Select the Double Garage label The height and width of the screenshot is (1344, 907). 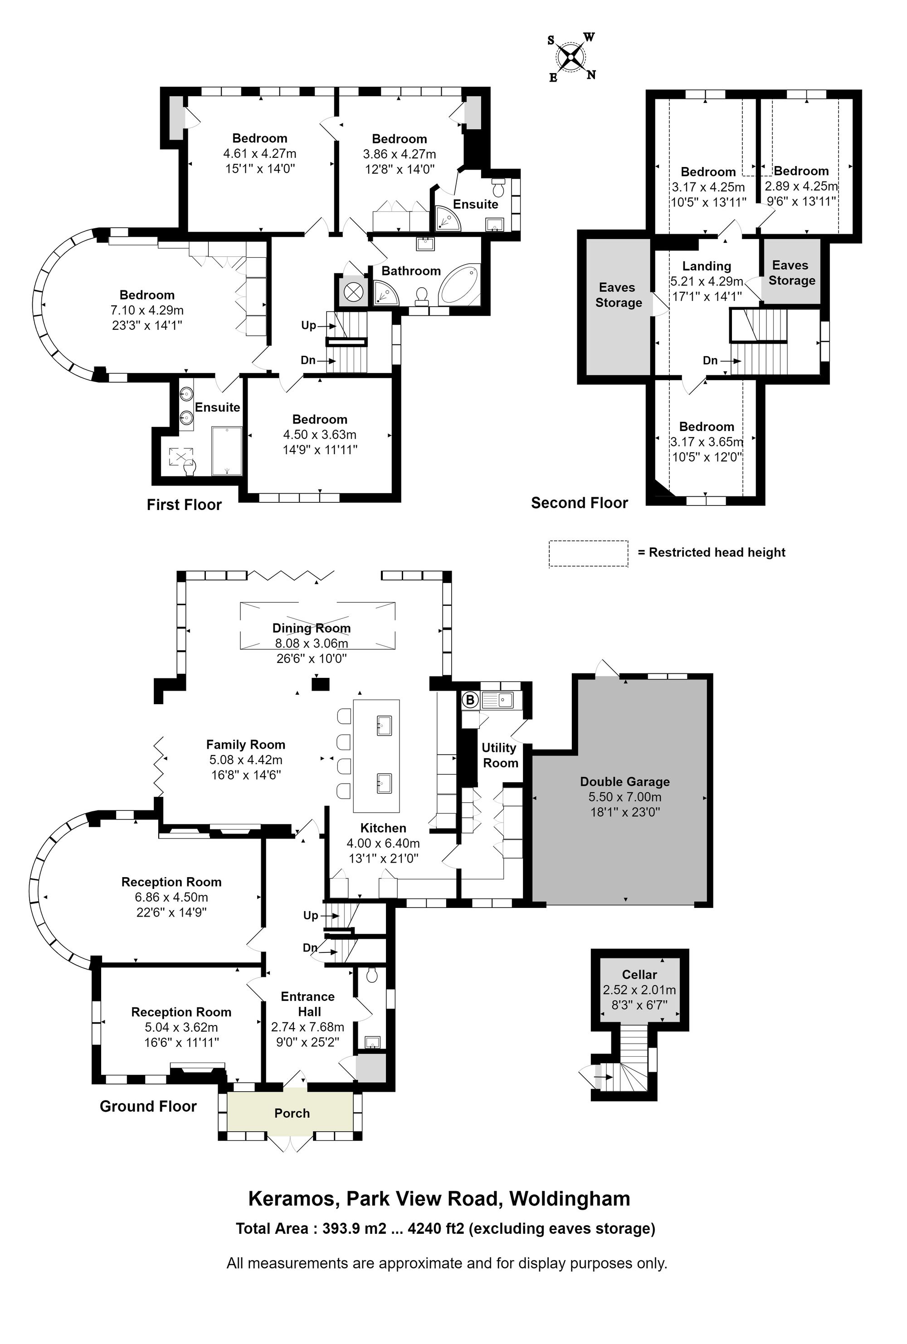point(624,781)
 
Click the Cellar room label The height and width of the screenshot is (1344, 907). point(639,975)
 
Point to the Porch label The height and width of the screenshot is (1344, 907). point(292,1113)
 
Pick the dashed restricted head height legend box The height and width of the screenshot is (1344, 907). point(588,553)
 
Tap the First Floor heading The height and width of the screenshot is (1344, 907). point(184,505)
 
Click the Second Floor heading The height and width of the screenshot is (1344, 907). point(579,503)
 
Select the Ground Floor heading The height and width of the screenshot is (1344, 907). point(148,1106)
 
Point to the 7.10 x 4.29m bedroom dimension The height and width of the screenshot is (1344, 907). point(147,310)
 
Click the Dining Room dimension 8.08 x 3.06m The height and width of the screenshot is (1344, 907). point(312,643)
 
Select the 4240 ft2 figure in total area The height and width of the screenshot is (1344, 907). point(436,1228)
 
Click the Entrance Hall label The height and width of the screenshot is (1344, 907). point(308,1004)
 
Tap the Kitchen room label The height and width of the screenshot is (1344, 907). point(383,828)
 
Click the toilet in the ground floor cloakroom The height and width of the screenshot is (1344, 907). point(372,975)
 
